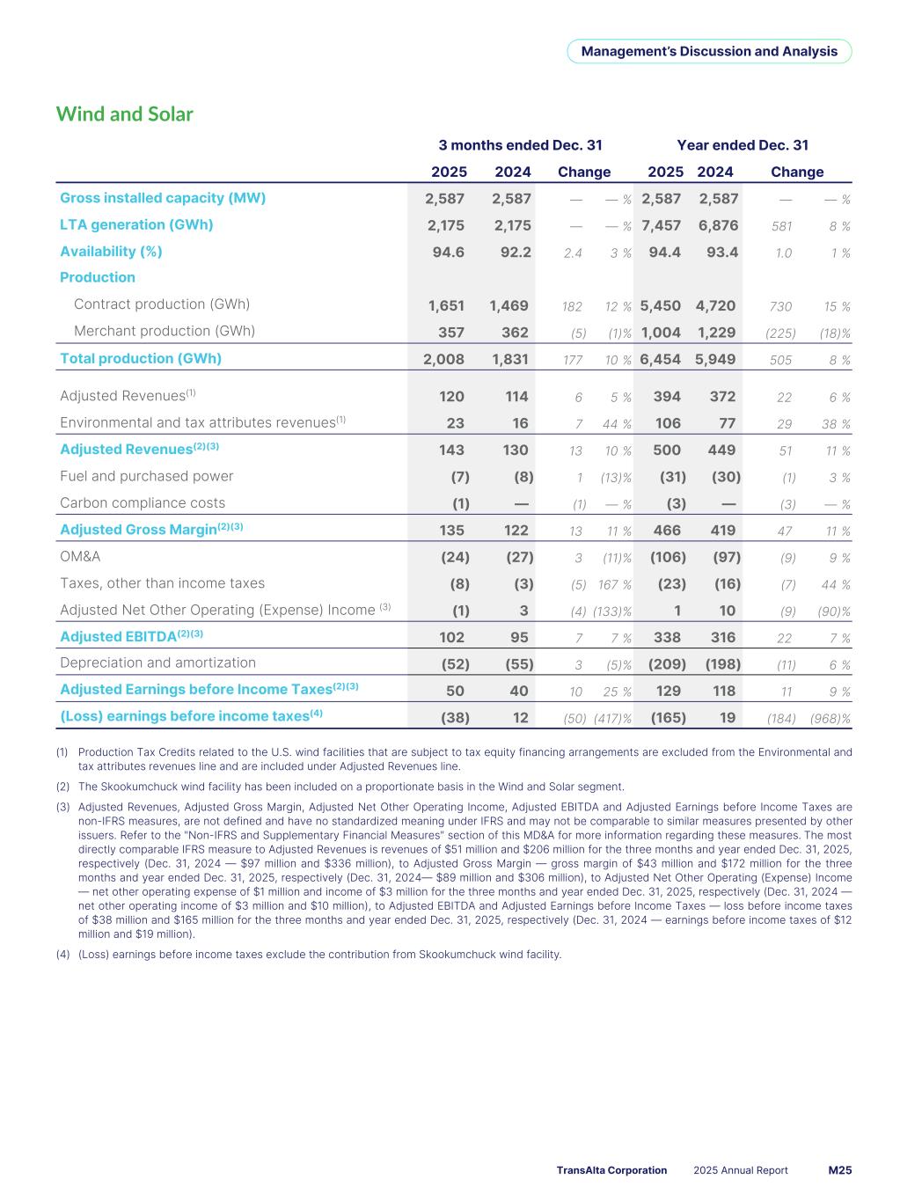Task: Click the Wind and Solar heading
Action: coord(124,114)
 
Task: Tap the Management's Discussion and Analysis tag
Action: coord(709,51)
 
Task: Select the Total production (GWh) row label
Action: coord(141,358)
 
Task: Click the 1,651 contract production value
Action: coord(446,305)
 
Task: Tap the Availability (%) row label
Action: coord(111,252)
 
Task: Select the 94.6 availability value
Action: coord(446,252)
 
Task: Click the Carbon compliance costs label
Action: coord(143,503)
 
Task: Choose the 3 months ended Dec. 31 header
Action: coord(520,145)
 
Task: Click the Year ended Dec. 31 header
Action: coord(742,145)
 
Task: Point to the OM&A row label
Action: coord(80,557)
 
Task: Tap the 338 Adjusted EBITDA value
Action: coord(667,637)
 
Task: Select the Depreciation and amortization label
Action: coord(157,663)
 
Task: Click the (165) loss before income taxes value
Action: coord(668,717)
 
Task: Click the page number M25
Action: coord(839,1170)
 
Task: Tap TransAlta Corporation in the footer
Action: coord(611,1170)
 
